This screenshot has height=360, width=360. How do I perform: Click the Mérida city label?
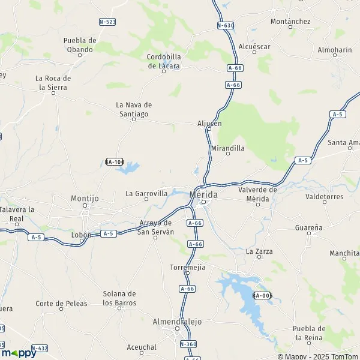click(x=203, y=195)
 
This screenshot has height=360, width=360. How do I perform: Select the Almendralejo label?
click(x=178, y=321)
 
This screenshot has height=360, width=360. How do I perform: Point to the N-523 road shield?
click(x=107, y=22)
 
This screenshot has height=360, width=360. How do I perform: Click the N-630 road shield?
click(x=225, y=26)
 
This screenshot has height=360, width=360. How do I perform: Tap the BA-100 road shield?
click(x=114, y=162)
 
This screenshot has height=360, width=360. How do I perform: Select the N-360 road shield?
click(x=188, y=344)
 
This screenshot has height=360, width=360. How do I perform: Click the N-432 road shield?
click(x=40, y=347)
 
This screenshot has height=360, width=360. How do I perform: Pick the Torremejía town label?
click(x=188, y=266)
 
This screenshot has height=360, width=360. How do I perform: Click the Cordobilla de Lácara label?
click(x=164, y=61)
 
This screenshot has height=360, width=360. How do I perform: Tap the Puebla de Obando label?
click(x=80, y=44)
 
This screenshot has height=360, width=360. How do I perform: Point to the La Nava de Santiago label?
click(x=134, y=109)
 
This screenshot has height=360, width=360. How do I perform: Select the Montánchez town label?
click(x=290, y=22)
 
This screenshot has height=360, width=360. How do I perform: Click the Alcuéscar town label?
click(x=254, y=46)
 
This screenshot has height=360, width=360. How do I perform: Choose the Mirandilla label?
click(x=228, y=147)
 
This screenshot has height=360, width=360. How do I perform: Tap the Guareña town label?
click(x=309, y=227)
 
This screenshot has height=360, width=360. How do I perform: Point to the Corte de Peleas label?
click(x=61, y=303)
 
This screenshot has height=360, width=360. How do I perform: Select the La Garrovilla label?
click(x=146, y=194)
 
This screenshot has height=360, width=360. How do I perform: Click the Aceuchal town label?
click(x=142, y=347)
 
